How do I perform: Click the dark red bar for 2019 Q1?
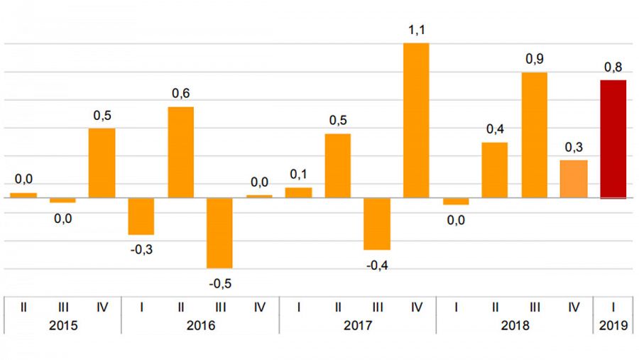[x=613, y=139]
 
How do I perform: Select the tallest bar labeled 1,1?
[x=416, y=120]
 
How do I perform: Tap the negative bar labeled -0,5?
[x=219, y=233]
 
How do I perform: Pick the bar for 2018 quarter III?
[x=534, y=135]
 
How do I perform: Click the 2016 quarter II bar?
[x=180, y=152]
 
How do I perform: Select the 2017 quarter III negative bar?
[x=377, y=224]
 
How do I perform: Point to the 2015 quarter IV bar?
[x=102, y=163]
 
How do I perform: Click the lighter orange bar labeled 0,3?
[x=574, y=179]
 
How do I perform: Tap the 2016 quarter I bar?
[x=141, y=216]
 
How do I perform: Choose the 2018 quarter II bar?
[x=495, y=170]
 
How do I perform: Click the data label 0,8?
[x=613, y=67]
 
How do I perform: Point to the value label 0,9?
[x=534, y=60]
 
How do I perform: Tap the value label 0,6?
[x=180, y=94]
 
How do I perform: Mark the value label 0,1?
[x=297, y=175]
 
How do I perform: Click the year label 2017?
[x=357, y=326]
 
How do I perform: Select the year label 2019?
[x=613, y=326]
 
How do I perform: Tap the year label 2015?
[x=62, y=326]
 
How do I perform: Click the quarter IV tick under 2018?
[x=574, y=307]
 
